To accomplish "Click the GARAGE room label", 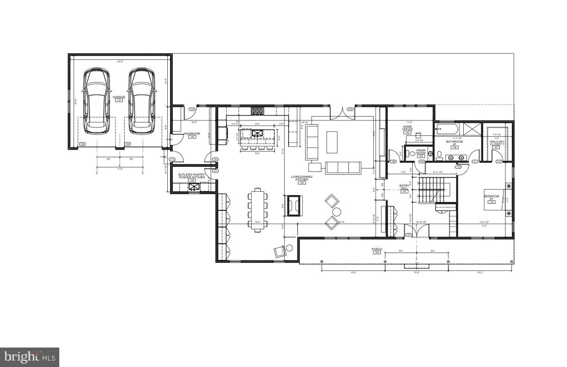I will pyautogui.click(x=119, y=97).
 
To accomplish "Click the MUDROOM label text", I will pyautogui.click(x=192, y=133).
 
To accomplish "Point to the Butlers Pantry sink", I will pyautogui.click(x=194, y=187).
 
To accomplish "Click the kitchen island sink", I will pyautogui.click(x=257, y=134).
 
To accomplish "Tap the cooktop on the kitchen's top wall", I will pyautogui.click(x=257, y=111).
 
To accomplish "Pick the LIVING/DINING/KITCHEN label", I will pyautogui.click(x=302, y=178).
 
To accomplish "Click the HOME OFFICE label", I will pyautogui.click(x=408, y=128).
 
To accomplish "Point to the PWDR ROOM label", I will pyautogui.click(x=421, y=152).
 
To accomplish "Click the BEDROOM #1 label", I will pyautogui.click(x=491, y=197).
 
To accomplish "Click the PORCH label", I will pyautogui.click(x=377, y=249).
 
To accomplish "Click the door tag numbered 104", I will pyautogui.click(x=192, y=109).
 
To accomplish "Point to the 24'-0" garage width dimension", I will pyautogui.click(x=120, y=62).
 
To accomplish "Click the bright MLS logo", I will pyautogui.click(x=30, y=357).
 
